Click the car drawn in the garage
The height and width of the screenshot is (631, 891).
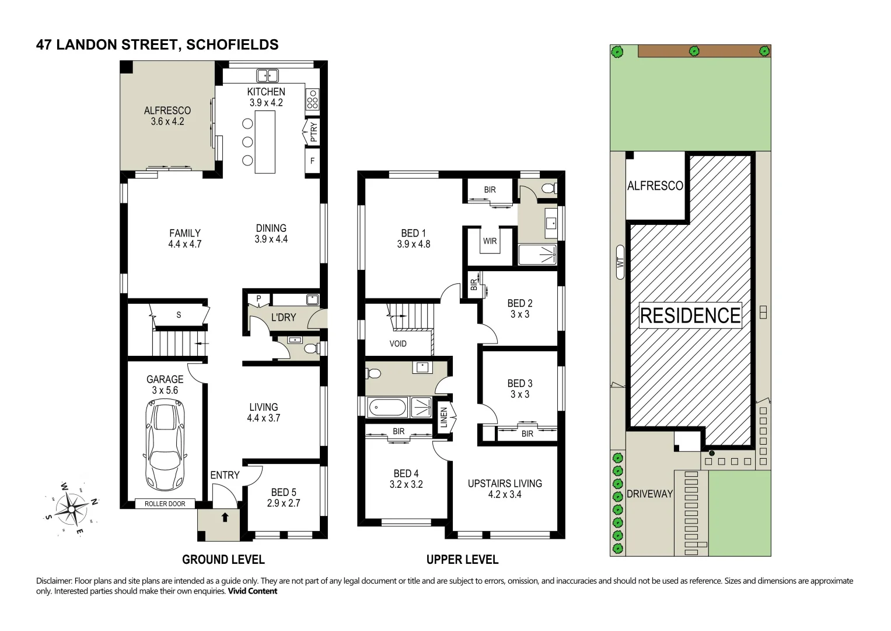tap(165, 445)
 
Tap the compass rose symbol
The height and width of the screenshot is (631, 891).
tap(71, 509)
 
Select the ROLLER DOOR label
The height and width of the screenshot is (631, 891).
tap(165, 504)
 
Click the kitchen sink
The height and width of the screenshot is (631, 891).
tap(267, 75)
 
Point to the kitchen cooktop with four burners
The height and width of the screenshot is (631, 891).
tap(312, 99)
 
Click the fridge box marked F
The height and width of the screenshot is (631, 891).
tap(312, 161)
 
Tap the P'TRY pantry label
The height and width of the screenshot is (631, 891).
tap(314, 132)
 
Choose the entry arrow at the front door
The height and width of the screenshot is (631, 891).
tap(225, 517)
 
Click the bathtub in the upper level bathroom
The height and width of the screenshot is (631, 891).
tap(387, 407)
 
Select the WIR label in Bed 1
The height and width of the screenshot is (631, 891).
tap(490, 241)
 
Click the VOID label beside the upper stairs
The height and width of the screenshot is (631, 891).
tap(398, 344)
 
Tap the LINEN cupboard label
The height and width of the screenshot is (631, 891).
tap(444, 417)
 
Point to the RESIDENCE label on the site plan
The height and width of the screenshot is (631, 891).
tap(690, 315)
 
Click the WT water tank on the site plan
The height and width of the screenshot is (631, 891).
tap(620, 262)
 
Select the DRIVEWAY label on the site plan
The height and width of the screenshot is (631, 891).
tap(649, 494)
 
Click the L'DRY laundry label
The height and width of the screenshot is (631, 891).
tap(284, 317)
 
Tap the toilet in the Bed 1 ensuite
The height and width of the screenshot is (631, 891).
tap(550, 188)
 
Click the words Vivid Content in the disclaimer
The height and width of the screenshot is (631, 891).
tap(252, 591)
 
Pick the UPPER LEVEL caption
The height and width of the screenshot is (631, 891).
tap(462, 560)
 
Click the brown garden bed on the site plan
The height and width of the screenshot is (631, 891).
tap(704, 51)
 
